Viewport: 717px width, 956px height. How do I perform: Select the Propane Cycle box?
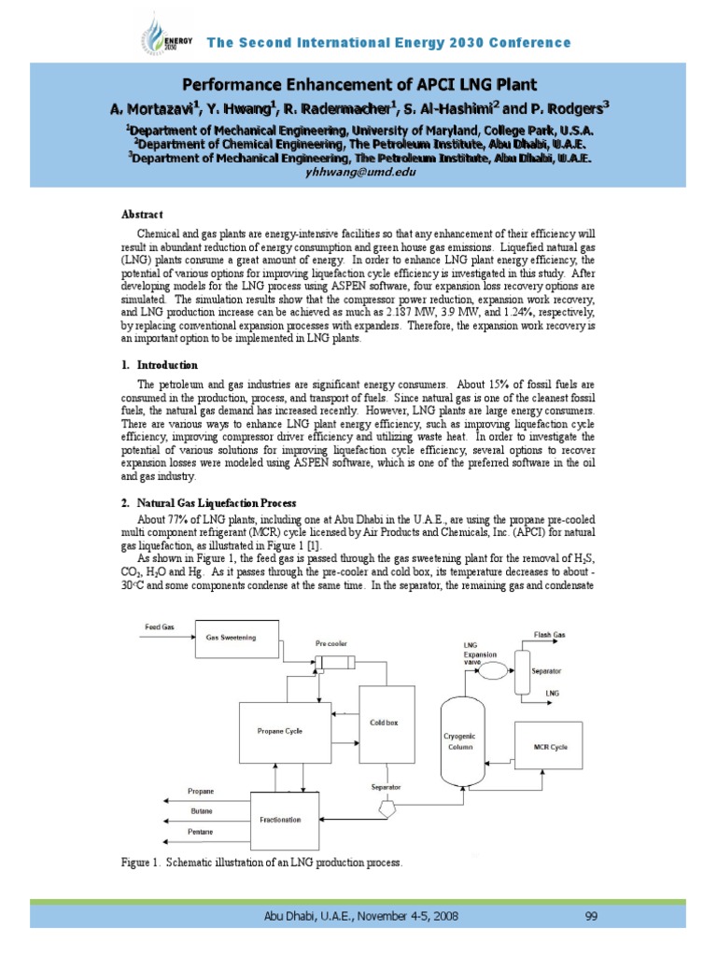[279, 731]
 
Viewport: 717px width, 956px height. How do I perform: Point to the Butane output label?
[201, 810]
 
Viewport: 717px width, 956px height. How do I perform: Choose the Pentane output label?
[201, 831]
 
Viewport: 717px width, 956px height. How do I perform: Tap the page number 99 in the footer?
[590, 916]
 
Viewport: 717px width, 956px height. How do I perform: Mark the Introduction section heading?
[167, 364]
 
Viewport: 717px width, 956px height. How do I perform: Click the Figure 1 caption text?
[262, 864]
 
